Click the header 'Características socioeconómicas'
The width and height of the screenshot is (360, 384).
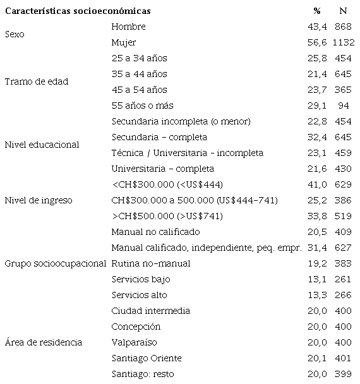point(78,11)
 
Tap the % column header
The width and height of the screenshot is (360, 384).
point(316,11)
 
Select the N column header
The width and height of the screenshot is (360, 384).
point(343,11)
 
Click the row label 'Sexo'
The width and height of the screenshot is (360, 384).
point(14,35)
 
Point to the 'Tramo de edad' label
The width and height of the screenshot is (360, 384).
point(36,82)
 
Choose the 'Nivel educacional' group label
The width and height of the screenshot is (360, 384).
point(42,145)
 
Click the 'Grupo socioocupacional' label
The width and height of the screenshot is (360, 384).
point(55,263)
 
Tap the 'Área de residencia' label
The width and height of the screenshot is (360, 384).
point(43,342)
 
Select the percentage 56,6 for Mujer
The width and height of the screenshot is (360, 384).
point(314,43)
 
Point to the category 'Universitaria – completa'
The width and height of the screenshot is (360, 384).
point(162,169)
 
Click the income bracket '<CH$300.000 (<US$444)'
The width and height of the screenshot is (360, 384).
point(167,184)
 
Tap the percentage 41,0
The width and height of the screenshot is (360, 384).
point(314,184)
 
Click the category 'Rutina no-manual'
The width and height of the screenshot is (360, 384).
point(150,263)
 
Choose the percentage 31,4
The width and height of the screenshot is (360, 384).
point(314,248)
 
